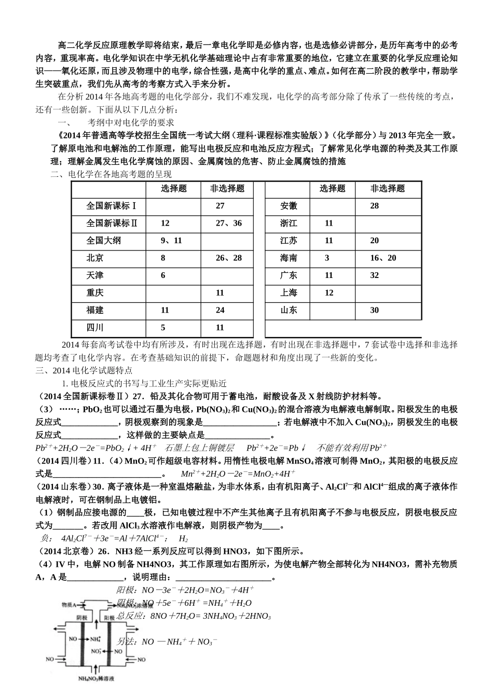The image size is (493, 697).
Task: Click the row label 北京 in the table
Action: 95,258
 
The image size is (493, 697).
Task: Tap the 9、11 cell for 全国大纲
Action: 171,241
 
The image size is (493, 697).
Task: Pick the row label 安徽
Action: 289,206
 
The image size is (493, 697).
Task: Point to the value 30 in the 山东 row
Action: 374,310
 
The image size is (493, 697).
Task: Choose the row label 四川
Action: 95,328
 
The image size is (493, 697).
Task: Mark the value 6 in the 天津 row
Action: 163,275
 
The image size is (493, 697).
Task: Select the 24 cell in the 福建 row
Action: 220,310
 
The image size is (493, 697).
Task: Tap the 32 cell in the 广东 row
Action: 374,275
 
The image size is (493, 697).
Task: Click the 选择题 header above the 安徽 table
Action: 332,189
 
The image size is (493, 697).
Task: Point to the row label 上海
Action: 289,293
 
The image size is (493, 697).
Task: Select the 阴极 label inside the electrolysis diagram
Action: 82,618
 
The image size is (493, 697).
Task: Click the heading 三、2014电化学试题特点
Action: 84,371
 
